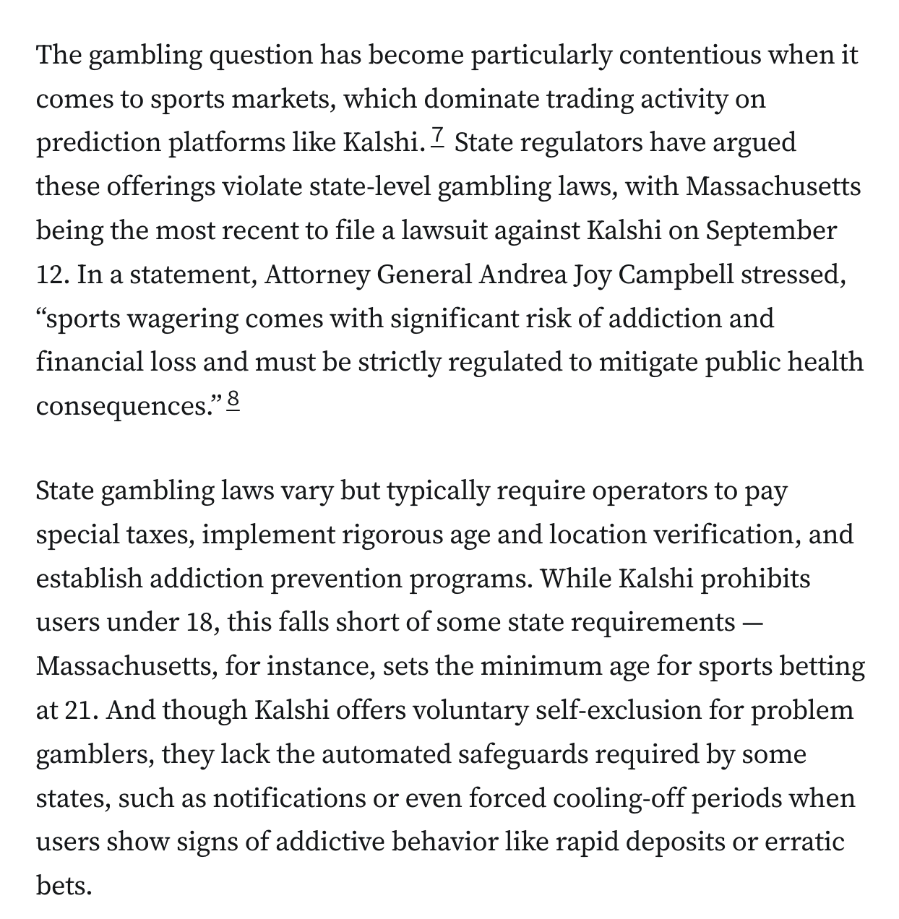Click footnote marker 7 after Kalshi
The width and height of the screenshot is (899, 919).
(439, 136)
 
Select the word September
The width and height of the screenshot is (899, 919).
(771, 231)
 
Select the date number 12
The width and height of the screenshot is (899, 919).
(51, 275)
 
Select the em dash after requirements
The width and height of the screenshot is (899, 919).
(752, 623)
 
